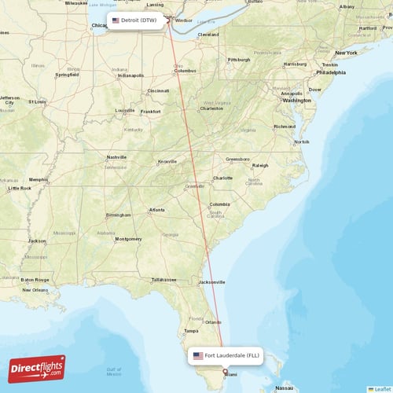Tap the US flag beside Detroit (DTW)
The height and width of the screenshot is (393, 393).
pyautogui.click(x=116, y=20)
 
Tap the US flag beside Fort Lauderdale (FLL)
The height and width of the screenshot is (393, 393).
pyautogui.click(x=197, y=355)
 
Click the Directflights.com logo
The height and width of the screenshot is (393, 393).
pyautogui.click(x=37, y=368)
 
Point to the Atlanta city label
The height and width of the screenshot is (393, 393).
pyautogui.click(x=157, y=209)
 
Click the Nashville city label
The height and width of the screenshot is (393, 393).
pyautogui.click(x=116, y=157)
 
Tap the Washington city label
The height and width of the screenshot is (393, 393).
pyautogui.click(x=296, y=101)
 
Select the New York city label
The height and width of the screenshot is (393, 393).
pyautogui.click(x=346, y=53)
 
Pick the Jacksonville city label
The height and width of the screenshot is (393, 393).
pyautogui.click(x=211, y=281)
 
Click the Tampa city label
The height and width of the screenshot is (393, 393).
pyautogui.click(x=192, y=330)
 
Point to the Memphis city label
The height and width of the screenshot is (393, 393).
pyautogui.click(x=39, y=179)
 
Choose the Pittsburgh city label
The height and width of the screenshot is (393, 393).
pyautogui.click(x=238, y=59)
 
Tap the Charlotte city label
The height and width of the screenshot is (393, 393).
pyautogui.click(x=222, y=178)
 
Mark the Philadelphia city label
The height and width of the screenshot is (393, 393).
pyautogui.click(x=329, y=72)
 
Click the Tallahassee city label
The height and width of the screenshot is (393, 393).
pyautogui.click(x=163, y=279)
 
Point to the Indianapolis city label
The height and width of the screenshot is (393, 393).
pyautogui.click(x=130, y=75)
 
